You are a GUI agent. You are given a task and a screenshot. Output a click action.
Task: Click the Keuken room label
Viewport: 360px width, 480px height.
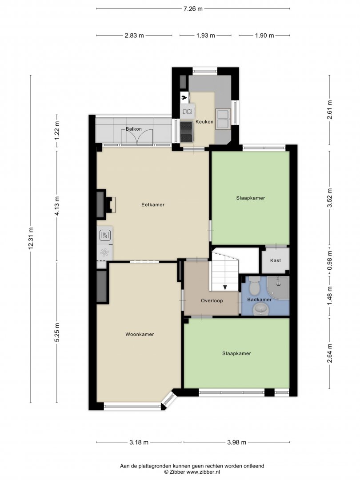204,121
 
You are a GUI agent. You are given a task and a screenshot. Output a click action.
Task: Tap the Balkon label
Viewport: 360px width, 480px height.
134,129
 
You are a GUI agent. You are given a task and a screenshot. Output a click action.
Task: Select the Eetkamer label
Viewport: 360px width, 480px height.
153,204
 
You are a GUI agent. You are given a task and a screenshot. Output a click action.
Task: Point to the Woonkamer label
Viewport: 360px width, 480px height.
140,334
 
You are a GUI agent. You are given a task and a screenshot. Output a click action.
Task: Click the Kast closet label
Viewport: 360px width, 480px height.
276,260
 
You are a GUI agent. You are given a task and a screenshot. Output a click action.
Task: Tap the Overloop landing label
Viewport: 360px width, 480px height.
212,300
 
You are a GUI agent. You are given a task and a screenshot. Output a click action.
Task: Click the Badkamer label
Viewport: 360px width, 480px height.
259,300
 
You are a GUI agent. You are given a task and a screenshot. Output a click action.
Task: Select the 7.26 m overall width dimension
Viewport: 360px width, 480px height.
193,8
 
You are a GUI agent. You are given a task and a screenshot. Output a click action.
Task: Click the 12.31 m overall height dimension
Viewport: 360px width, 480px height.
31,239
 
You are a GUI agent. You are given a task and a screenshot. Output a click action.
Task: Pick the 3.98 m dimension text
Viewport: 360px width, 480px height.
236,442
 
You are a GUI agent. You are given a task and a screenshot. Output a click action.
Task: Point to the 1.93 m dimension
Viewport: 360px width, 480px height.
205,36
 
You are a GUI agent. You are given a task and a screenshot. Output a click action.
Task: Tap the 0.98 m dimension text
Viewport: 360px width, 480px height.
329,260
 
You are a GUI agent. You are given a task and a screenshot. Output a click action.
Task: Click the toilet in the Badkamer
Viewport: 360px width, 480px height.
254,285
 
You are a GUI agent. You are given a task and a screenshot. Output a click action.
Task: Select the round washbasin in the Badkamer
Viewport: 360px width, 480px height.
260,310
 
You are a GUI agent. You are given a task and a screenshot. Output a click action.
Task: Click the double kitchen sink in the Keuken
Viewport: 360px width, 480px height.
223,119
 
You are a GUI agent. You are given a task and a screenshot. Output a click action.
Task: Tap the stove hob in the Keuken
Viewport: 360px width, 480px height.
186,132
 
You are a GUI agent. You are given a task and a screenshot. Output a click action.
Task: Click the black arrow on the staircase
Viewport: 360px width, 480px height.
225,287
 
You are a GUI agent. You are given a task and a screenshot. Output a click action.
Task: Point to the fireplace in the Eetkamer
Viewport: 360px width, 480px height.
106,204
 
